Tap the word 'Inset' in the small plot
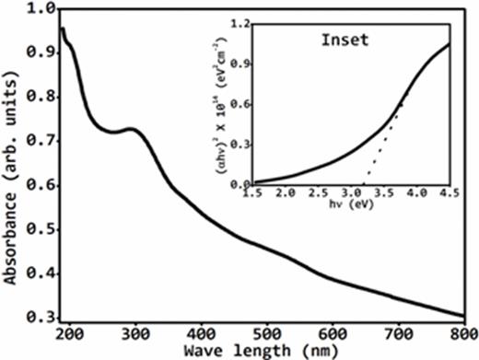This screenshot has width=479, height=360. pyautogui.click(x=345, y=41)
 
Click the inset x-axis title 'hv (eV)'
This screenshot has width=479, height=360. pyautogui.click(x=350, y=205)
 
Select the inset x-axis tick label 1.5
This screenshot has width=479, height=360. pyautogui.click(x=252, y=193)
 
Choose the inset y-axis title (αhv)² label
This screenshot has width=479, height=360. pyautogui.click(x=221, y=102)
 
